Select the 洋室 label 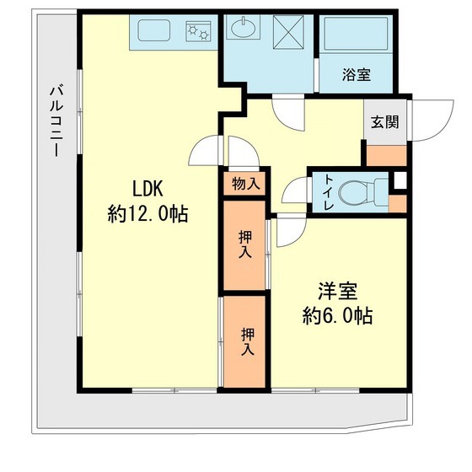[x=338, y=292]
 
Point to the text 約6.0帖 [x=338, y=317]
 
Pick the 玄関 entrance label [x=384, y=121]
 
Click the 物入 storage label [x=244, y=184]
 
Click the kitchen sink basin [x=157, y=32]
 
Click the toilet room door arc [x=295, y=192]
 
